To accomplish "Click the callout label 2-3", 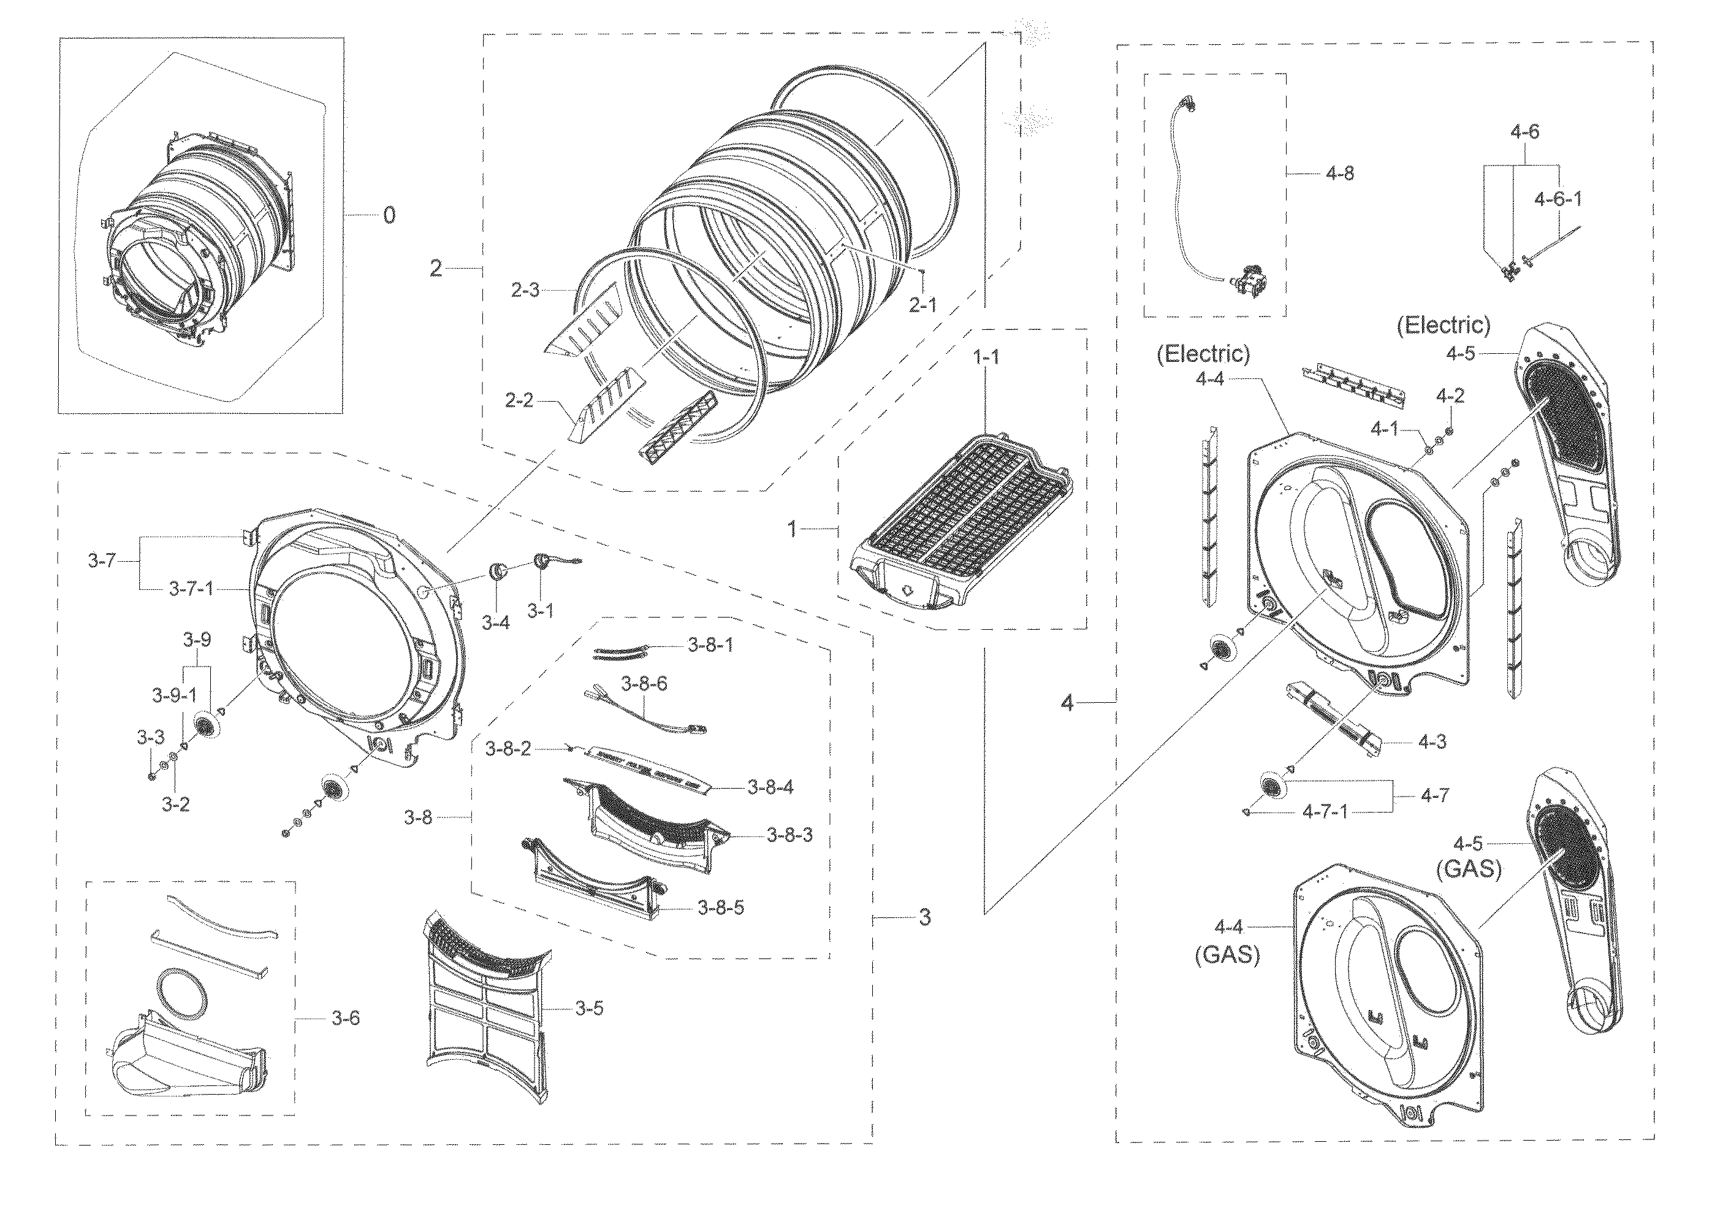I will click(525, 289).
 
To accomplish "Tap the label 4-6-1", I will click(1558, 199).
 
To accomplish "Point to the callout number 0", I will click(389, 216).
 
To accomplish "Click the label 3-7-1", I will click(191, 588).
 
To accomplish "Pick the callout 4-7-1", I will click(1325, 811).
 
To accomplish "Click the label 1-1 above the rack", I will click(986, 357).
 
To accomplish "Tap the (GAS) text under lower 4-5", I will click(1469, 870).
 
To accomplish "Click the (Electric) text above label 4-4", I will click(1203, 354).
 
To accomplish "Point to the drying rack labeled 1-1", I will click(961, 528).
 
